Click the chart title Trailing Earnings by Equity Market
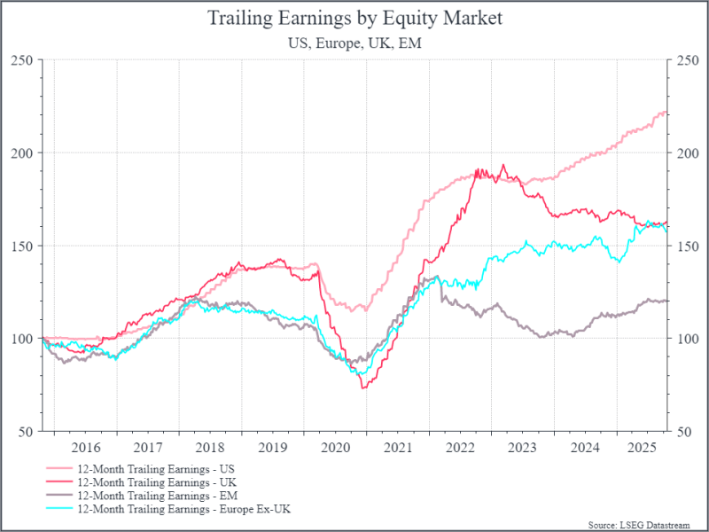[354, 18]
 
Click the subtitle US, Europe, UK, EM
[354, 43]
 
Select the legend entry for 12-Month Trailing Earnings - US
[160, 467]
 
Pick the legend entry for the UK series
[160, 481]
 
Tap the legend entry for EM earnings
[160, 495]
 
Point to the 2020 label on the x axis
[335, 449]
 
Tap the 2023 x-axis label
[522, 449]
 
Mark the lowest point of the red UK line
[363, 388]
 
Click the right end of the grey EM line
[667, 301]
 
